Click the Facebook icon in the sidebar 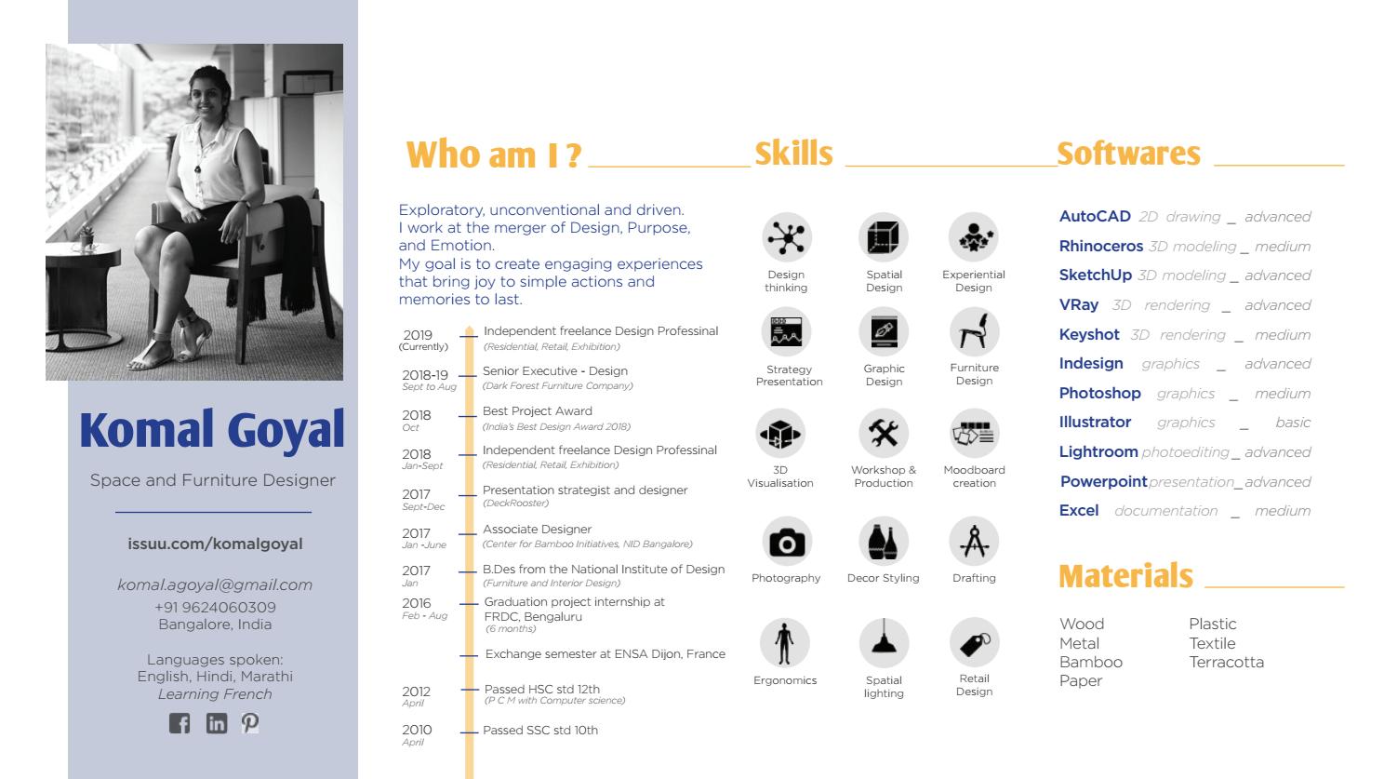click(180, 723)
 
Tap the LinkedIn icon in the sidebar click(216, 723)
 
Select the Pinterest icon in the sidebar click(250, 722)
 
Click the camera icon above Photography click(787, 542)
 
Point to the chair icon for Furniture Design click(974, 331)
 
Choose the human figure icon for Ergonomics click(785, 642)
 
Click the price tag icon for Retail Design click(974, 641)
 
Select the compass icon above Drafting click(974, 541)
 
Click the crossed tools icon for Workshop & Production click(884, 433)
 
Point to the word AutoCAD click(1095, 216)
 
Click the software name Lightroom click(1098, 451)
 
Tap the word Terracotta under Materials click(1226, 662)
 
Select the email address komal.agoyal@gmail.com click(215, 584)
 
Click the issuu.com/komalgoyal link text click(215, 544)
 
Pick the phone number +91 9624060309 click(215, 607)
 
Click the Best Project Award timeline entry click(538, 410)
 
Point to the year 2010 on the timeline click(417, 730)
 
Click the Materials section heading click(1125, 576)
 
